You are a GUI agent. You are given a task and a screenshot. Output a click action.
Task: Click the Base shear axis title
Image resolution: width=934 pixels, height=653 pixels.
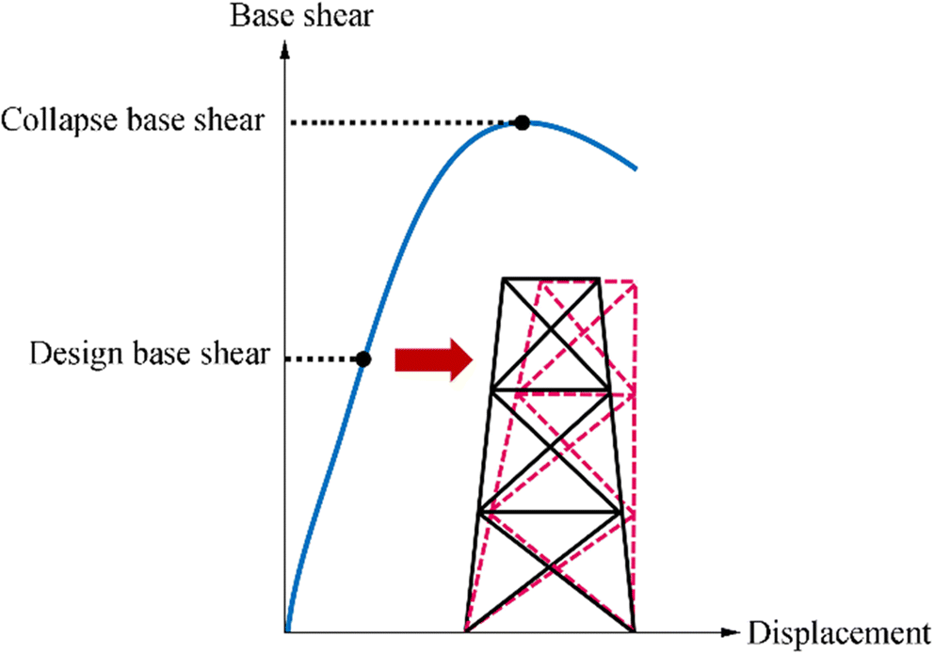coord(285,17)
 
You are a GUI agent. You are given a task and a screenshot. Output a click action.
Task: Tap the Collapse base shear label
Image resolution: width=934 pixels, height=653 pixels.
coord(133,121)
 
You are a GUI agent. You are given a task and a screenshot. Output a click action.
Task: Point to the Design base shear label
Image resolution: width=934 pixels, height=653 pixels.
coord(150,356)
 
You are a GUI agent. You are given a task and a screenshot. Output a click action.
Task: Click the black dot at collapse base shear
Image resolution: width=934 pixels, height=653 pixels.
coord(522,122)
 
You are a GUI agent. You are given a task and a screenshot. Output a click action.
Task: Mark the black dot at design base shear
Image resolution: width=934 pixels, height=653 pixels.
coord(364,358)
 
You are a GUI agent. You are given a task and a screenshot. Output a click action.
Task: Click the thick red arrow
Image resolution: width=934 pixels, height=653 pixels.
coord(432,358)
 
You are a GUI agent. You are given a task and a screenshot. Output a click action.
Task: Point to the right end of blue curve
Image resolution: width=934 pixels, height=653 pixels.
coord(636,169)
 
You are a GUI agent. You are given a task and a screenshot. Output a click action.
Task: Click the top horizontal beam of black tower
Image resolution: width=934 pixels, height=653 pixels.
coord(552,279)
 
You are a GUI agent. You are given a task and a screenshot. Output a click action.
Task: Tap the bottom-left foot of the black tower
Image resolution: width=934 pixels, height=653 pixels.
coord(468,630)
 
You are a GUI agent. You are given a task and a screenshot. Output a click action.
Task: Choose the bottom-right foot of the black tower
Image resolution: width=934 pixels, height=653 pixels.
coord(634,630)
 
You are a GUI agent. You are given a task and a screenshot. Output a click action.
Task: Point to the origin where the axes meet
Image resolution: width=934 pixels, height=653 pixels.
coord(284,631)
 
